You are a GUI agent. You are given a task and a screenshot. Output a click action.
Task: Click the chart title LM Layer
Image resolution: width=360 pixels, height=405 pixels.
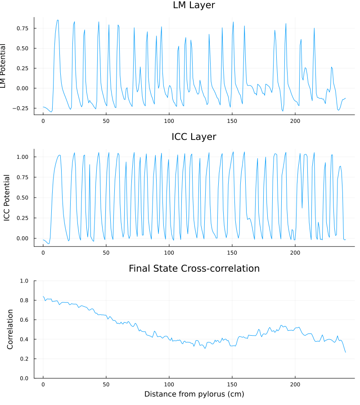point(194,6)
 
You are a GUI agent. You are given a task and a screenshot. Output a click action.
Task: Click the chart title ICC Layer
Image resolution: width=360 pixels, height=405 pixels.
point(194,137)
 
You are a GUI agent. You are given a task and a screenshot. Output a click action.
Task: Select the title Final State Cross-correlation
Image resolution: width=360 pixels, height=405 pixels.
point(194,269)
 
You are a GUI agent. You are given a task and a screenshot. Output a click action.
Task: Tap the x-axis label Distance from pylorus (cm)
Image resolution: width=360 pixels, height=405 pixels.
point(194,394)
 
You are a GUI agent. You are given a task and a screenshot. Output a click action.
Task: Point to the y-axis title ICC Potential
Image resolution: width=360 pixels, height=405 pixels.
point(7,198)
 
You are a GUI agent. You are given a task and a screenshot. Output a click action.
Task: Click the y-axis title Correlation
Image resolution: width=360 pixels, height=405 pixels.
point(9,329)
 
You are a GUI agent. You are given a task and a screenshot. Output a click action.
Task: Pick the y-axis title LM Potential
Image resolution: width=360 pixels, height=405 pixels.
point(4,66)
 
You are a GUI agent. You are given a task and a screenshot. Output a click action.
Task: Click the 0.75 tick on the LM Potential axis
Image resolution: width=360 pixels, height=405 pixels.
point(22,28)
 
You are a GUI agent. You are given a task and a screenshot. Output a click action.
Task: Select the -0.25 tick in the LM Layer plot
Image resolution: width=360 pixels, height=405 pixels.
point(21,108)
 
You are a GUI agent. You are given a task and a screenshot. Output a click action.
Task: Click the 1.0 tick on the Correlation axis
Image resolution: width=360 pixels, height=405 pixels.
point(25,281)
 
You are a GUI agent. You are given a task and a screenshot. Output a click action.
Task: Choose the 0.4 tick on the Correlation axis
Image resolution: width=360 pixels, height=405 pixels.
point(25,339)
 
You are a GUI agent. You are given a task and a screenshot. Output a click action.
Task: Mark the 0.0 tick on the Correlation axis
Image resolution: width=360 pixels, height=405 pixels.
point(25,378)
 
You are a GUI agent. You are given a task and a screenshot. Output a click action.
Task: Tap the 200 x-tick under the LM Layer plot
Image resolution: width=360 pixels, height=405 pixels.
point(295,121)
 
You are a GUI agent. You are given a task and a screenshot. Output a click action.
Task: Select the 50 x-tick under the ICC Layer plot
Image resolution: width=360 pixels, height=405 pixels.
point(106,253)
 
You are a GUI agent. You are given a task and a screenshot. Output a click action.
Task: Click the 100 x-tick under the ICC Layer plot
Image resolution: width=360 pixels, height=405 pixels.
point(169,253)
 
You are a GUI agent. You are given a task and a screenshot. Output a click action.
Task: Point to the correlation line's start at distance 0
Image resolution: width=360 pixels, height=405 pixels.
point(43,297)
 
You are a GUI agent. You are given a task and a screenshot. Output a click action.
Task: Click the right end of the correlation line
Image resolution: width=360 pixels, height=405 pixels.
point(346,352)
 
